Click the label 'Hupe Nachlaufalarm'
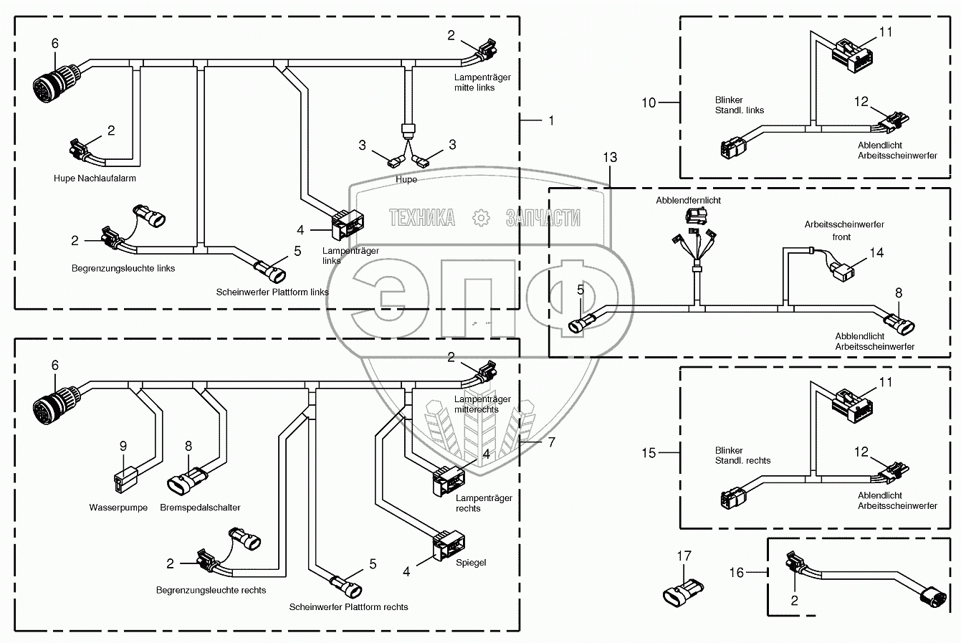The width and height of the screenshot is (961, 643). [95, 178]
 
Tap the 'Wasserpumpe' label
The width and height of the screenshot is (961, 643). [118, 508]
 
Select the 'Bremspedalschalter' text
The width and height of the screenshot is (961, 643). [200, 508]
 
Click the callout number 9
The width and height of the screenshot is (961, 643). [123, 447]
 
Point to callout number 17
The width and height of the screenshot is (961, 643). [684, 556]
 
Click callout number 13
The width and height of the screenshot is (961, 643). [610, 158]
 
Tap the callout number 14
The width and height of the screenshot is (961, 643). [876, 252]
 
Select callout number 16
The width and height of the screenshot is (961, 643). [737, 572]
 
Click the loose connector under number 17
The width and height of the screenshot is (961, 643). [684, 593]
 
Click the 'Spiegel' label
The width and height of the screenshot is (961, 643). [471, 562]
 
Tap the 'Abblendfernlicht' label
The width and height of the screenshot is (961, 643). [688, 201]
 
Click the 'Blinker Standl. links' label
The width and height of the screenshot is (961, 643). [739, 105]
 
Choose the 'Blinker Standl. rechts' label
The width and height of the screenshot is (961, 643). [742, 455]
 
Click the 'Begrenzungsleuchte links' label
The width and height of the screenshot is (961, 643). [123, 268]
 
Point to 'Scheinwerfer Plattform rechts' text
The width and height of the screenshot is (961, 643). [348, 607]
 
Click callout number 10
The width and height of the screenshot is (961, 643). [649, 103]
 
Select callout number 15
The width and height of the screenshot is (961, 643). [649, 453]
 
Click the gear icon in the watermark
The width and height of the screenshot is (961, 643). [481, 218]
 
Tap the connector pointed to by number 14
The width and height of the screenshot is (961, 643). [842, 272]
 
